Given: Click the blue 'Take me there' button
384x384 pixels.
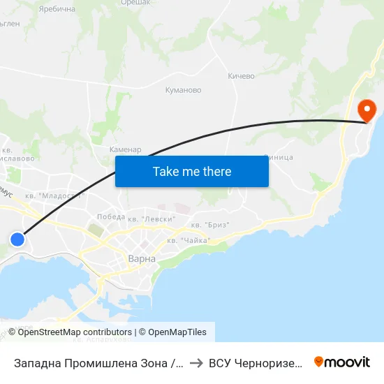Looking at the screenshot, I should click(192, 171).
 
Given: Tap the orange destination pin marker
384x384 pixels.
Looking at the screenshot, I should click(366, 110).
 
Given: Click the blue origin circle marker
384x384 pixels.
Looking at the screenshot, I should click(17, 239).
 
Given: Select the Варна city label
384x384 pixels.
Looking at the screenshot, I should click(142, 258).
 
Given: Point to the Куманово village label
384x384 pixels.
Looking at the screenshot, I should click(183, 90).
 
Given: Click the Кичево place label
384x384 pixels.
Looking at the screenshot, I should click(242, 75).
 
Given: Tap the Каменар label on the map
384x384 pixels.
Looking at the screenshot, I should click(126, 149).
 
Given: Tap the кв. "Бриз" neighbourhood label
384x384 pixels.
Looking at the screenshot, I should click(210, 225).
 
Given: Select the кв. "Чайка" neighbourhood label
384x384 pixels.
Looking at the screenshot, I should click(189, 241).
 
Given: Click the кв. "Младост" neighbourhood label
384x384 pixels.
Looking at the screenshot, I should click(53, 196).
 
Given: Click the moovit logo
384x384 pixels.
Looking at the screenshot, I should click(342, 362).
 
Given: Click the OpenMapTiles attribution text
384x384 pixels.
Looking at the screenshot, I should click(175, 332).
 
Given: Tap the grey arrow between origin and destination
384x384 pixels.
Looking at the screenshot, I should click(195, 362).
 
